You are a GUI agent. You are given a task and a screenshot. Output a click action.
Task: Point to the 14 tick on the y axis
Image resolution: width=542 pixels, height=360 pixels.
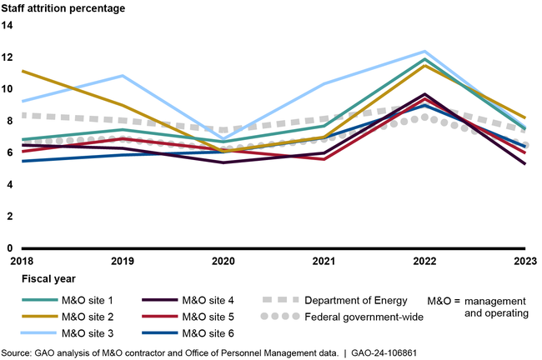(x=8, y=26)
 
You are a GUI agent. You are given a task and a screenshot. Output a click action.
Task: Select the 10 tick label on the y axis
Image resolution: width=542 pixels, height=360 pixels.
(x=8, y=89)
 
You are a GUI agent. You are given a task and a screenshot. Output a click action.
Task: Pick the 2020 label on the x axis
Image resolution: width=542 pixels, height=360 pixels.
(x=222, y=261)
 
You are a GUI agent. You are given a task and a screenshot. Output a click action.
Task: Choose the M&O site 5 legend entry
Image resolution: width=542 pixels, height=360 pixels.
(x=209, y=317)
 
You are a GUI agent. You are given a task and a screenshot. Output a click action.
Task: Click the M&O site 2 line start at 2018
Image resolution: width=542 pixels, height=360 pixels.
(x=23, y=71)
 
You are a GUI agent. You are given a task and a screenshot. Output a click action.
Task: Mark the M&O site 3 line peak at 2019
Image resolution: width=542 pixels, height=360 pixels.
(x=123, y=76)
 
